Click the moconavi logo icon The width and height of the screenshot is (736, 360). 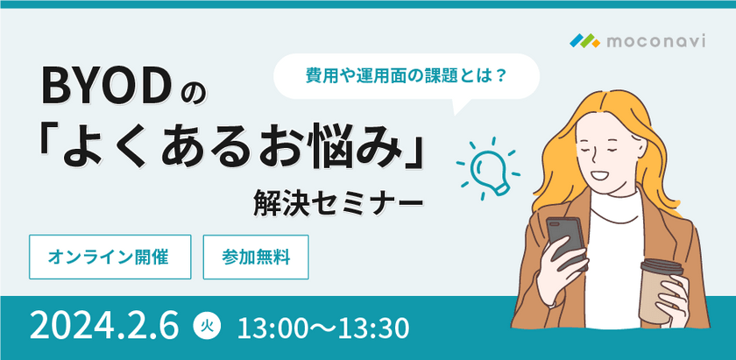584,39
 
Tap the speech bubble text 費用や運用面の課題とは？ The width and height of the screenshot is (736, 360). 406,76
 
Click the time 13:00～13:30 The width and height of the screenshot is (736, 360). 324,328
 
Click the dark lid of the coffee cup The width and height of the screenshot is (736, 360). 662,264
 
